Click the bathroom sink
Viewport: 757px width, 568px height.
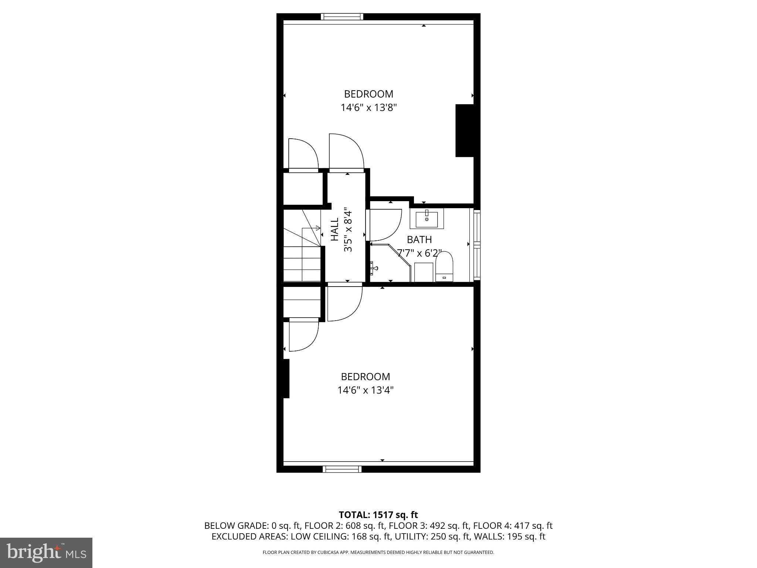(427, 219)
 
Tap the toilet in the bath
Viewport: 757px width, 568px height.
(444, 267)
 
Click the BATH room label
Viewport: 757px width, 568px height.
(419, 240)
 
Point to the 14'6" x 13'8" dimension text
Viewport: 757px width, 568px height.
(369, 108)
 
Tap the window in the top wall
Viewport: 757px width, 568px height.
(342, 16)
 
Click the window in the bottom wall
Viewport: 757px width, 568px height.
(342, 469)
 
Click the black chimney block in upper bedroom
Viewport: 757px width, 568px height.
(464, 131)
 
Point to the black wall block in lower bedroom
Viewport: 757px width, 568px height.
(286, 378)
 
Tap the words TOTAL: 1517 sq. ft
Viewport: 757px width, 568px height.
(378, 514)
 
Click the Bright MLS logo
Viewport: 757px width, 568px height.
(46, 552)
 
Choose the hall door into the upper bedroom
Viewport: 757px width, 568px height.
(346, 152)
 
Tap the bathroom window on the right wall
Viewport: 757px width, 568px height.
(477, 244)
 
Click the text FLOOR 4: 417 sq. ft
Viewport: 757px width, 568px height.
(513, 525)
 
